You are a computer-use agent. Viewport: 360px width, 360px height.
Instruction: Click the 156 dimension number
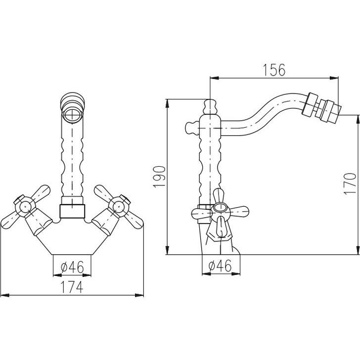pyautogui.click(x=274, y=70)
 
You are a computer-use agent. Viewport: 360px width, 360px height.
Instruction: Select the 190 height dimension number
pyautogui.click(x=159, y=177)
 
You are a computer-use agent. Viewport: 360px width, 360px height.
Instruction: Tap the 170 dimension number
pyautogui.click(x=350, y=183)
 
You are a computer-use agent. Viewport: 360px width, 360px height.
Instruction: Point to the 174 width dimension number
pyautogui.click(x=71, y=287)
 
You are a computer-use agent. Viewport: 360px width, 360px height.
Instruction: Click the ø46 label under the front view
pyautogui.click(x=72, y=267)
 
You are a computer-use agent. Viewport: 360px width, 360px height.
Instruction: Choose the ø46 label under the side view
pyautogui.click(x=220, y=266)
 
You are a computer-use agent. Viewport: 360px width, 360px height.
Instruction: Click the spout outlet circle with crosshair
pyautogui.click(x=72, y=114)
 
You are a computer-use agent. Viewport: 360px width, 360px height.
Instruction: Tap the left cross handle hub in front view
pyautogui.click(x=25, y=207)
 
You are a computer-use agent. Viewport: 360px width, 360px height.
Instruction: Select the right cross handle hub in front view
pyautogui.click(x=119, y=206)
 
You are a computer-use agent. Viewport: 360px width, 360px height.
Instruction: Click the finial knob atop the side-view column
pyautogui.click(x=210, y=106)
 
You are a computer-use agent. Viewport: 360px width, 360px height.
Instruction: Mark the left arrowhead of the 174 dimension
pyautogui.click(x=5, y=295)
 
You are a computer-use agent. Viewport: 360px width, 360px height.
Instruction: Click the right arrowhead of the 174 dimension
pyautogui.click(x=139, y=295)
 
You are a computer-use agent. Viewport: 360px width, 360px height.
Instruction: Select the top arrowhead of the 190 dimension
pyautogui.click(x=167, y=103)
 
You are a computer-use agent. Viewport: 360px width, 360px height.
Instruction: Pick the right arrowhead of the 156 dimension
pyautogui.click(x=334, y=78)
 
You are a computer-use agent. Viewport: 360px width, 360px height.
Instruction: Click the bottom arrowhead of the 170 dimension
pyautogui.click(x=358, y=250)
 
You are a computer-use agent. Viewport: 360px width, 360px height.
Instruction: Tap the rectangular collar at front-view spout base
pyautogui.click(x=72, y=211)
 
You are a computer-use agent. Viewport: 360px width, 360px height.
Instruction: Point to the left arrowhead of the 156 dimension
pyautogui.click(x=214, y=78)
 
